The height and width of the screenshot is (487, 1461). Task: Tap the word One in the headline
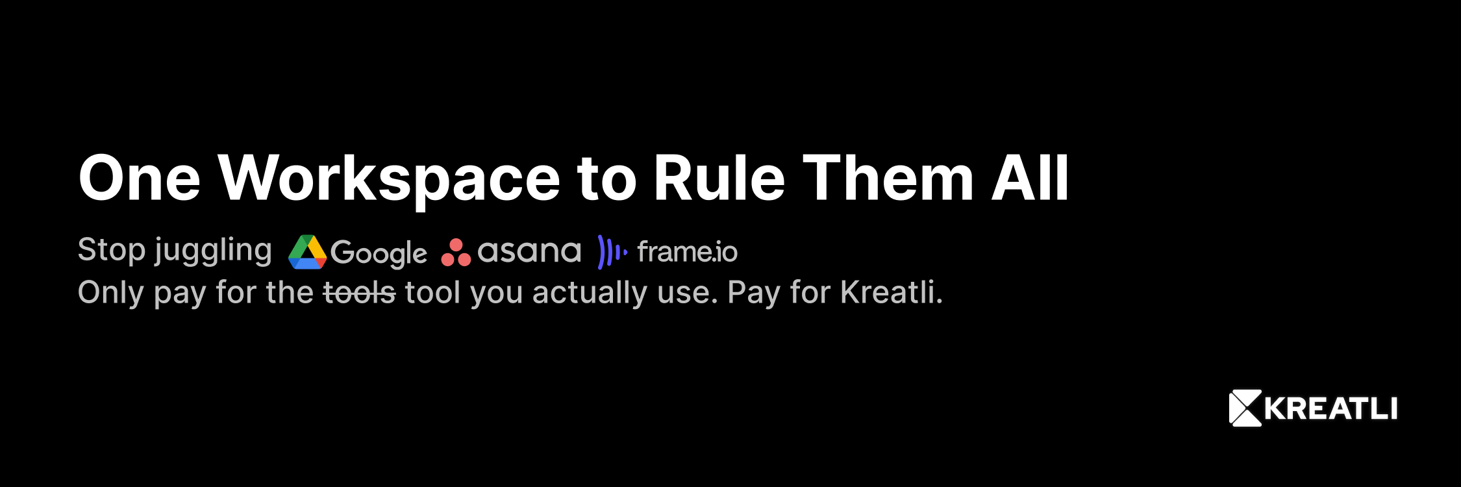[x=140, y=179]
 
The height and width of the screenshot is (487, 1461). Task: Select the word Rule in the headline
[x=719, y=178]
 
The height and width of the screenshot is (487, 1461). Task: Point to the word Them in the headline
[x=888, y=178]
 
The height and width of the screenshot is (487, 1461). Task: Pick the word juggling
[x=213, y=251]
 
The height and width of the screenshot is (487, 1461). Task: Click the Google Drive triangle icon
[x=307, y=252]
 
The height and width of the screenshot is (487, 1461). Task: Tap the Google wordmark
[x=379, y=253]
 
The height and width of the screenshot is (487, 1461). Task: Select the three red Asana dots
[x=456, y=253]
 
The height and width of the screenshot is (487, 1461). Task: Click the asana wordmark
[x=529, y=251]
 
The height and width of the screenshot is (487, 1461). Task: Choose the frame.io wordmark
[x=688, y=252]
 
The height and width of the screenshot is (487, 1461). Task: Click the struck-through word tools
[x=359, y=292]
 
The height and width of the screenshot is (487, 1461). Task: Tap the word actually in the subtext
[x=590, y=293]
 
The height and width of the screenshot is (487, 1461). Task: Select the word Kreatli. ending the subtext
[x=892, y=292]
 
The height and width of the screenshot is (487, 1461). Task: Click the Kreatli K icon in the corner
[x=1245, y=408]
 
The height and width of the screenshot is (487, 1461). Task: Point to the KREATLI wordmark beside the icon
[x=1331, y=409]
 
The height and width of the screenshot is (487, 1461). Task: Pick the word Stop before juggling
[x=112, y=251]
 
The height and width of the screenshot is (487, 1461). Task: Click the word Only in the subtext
[x=110, y=293]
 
